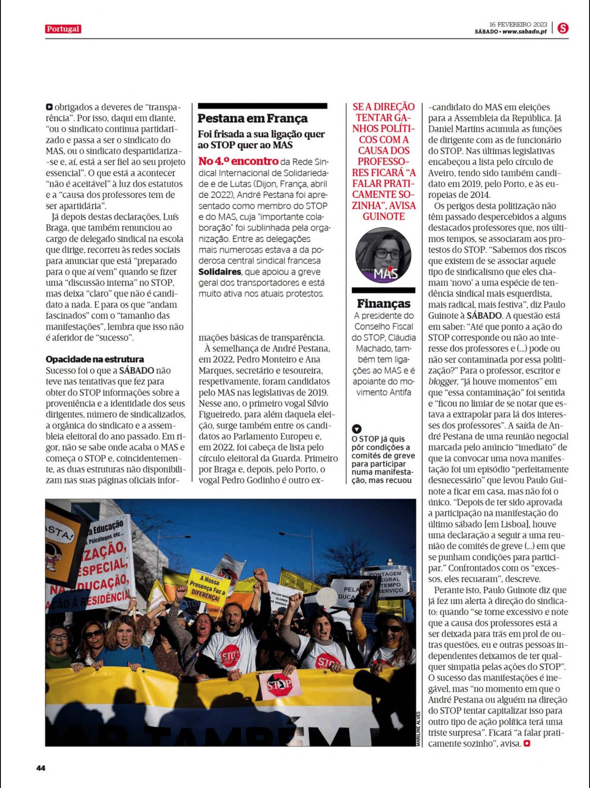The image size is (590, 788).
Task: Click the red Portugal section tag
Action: [63, 29]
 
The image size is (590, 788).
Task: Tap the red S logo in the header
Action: [563, 28]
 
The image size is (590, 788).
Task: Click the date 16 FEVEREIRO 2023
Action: [518, 24]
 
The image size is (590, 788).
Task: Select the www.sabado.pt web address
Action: [525, 32]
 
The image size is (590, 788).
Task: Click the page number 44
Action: [41, 768]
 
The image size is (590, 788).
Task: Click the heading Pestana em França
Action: [252, 118]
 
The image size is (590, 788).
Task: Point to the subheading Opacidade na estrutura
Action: [95, 359]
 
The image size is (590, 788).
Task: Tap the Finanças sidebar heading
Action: [383, 304]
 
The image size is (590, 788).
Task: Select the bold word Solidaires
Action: [220, 272]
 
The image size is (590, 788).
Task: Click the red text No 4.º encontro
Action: [238, 162]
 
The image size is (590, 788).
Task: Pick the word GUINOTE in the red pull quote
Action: [383, 217]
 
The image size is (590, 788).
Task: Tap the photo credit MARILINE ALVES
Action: [418, 728]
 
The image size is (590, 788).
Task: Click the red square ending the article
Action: [527, 743]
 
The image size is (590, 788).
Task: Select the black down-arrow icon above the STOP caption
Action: [357, 429]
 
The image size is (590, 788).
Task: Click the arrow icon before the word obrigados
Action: [49, 107]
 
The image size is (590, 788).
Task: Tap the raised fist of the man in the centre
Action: [260, 576]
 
